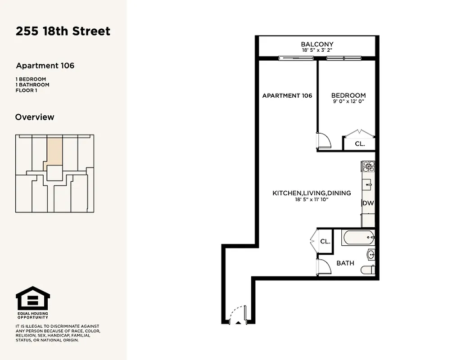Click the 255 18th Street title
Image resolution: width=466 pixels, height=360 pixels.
tap(63, 31)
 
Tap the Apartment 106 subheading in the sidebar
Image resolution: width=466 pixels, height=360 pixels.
tap(45, 66)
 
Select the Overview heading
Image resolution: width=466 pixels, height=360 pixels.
tap(35, 117)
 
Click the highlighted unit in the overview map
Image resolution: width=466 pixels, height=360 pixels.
tap(54, 151)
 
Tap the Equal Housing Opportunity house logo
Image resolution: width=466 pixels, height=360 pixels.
tap(33, 298)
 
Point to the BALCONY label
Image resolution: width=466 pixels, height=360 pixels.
tap(317, 44)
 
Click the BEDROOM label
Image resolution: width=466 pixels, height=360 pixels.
tap(348, 95)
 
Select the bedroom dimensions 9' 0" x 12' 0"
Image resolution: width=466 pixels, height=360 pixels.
tap(348, 102)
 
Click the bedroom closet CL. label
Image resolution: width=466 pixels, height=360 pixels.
tap(359, 144)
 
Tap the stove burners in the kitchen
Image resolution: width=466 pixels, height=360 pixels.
tap(369, 166)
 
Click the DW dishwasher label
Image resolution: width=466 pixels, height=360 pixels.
tap(368, 203)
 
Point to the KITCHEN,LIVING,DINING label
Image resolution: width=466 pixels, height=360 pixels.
tap(312, 193)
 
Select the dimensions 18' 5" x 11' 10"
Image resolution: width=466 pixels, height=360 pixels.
tap(312, 199)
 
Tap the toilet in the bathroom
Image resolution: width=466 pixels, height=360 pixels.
tap(367, 270)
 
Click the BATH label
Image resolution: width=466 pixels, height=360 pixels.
tap(345, 263)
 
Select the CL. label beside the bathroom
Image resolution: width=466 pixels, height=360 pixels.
tap(325, 242)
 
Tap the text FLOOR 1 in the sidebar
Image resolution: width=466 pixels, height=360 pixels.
tap(26, 90)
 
